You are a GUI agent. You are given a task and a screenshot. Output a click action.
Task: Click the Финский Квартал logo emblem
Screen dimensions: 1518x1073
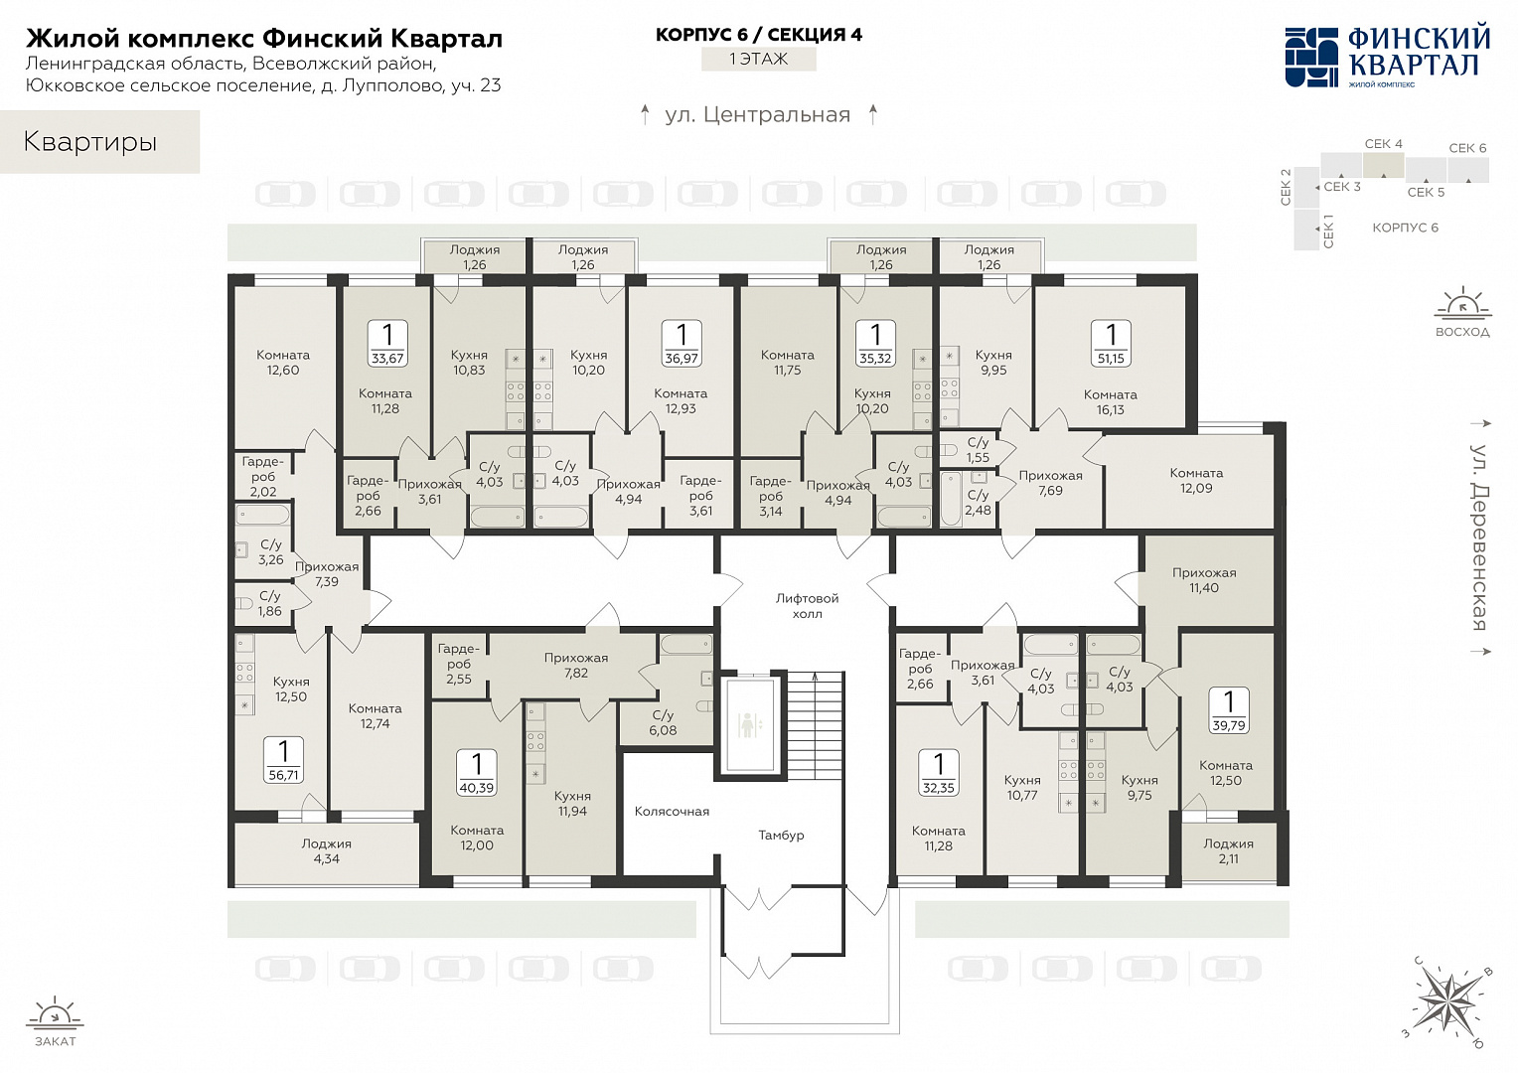(x=1311, y=58)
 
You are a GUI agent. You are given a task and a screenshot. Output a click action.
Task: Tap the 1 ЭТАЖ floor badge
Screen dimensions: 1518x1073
(x=758, y=59)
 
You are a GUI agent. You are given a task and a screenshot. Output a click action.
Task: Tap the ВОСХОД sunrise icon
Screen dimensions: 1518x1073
(x=1462, y=312)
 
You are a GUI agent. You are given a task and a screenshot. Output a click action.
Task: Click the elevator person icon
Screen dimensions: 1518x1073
(x=747, y=724)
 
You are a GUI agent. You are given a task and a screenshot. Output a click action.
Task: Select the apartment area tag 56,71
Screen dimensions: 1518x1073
(x=283, y=760)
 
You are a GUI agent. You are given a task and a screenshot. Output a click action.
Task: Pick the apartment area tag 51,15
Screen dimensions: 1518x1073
(x=1111, y=343)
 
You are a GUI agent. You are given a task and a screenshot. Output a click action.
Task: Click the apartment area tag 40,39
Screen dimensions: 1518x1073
(x=477, y=772)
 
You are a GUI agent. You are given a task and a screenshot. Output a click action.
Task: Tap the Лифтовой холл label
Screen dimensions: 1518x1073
(x=807, y=606)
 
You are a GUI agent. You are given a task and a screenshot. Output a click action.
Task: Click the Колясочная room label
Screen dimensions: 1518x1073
(x=672, y=812)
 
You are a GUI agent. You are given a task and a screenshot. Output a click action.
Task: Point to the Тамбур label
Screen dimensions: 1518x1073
(x=781, y=836)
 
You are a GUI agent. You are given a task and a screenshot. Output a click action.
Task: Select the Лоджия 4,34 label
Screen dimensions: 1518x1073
(x=327, y=851)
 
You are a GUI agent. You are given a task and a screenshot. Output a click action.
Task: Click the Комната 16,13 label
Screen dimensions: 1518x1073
(x=1110, y=402)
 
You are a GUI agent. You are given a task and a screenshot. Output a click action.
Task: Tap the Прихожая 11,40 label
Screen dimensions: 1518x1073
(x=1203, y=580)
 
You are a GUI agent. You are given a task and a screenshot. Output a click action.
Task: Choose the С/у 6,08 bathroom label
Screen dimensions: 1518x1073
(x=663, y=722)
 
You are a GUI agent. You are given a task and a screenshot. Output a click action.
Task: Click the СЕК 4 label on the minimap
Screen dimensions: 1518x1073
(x=1383, y=144)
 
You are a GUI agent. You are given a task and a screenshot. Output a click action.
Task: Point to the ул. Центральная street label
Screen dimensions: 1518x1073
(x=758, y=114)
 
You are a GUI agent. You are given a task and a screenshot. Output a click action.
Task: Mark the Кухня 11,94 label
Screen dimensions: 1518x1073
(x=572, y=803)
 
